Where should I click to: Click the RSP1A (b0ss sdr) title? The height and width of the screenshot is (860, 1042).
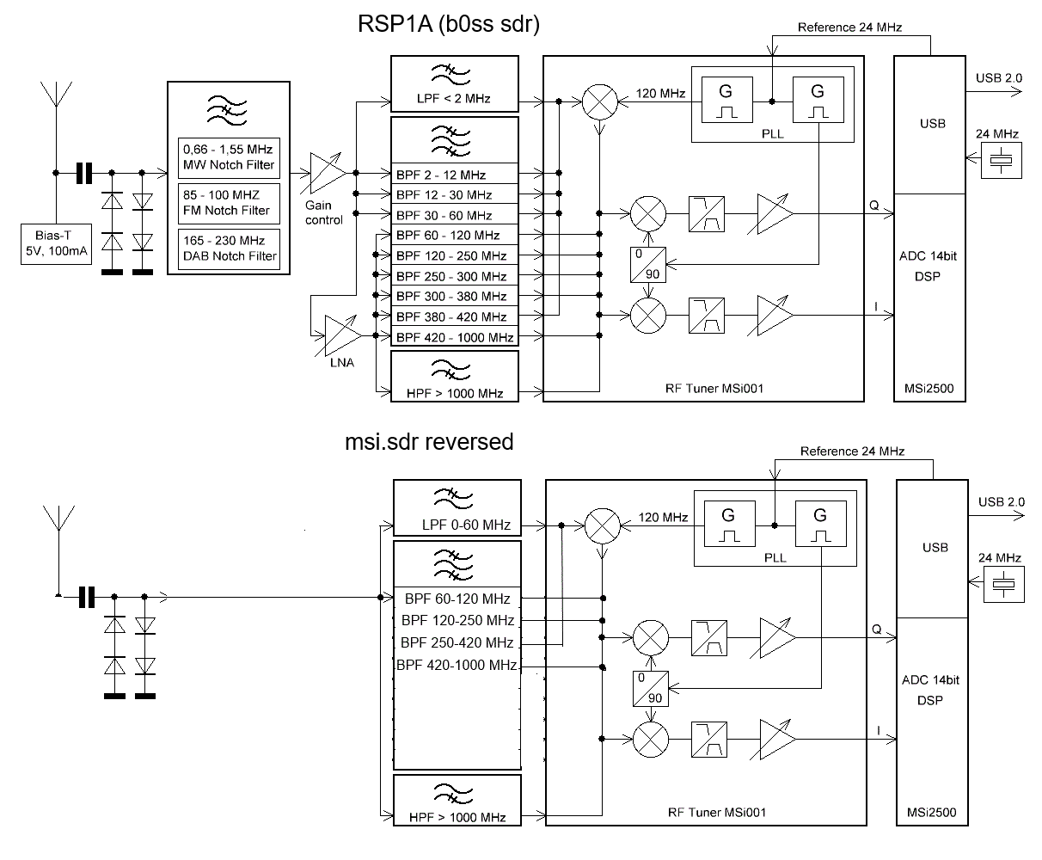(x=449, y=25)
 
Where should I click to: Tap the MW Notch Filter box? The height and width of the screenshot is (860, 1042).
(x=230, y=157)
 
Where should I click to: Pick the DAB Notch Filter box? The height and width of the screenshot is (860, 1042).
(x=230, y=249)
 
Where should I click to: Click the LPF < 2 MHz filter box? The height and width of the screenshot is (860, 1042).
(x=455, y=83)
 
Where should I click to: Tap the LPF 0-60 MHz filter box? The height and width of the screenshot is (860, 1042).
(x=457, y=507)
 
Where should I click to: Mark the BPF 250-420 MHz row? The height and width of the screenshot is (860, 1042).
(x=457, y=642)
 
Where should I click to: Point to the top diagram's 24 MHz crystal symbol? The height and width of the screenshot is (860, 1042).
(x=1002, y=160)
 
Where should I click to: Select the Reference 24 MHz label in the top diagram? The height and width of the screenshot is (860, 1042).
(x=849, y=28)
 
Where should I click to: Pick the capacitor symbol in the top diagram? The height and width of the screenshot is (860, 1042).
(x=83, y=174)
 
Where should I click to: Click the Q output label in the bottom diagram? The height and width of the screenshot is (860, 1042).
(x=876, y=630)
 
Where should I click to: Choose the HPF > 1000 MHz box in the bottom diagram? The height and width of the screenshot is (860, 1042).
(x=457, y=800)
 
